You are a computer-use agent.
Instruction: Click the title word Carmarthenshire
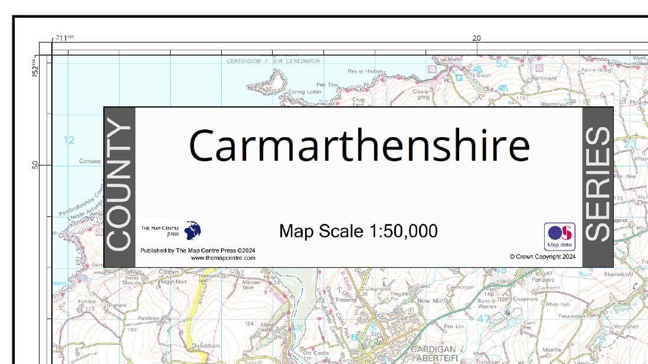coord(359,146)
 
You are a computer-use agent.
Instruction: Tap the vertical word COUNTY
coord(120,187)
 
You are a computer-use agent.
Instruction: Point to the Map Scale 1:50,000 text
coord(358,231)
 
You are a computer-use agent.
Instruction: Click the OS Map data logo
coord(559,236)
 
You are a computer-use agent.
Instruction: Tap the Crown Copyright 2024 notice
coord(542,256)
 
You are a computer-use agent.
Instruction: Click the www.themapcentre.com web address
coord(222,258)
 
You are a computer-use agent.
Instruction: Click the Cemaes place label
coord(90,161)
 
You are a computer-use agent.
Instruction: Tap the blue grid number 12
coord(69,140)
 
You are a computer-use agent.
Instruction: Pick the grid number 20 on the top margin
coord(476,38)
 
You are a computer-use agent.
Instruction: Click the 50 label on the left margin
coord(35,165)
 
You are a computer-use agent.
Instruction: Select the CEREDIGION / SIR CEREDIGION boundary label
coord(273,61)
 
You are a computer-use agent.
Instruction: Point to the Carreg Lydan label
coord(306,92)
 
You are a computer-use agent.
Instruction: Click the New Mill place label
coord(432,301)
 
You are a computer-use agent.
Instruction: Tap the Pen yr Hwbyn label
coord(366,71)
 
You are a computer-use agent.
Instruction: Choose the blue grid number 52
coord(502,63)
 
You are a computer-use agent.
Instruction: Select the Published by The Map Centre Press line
coord(198,251)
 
